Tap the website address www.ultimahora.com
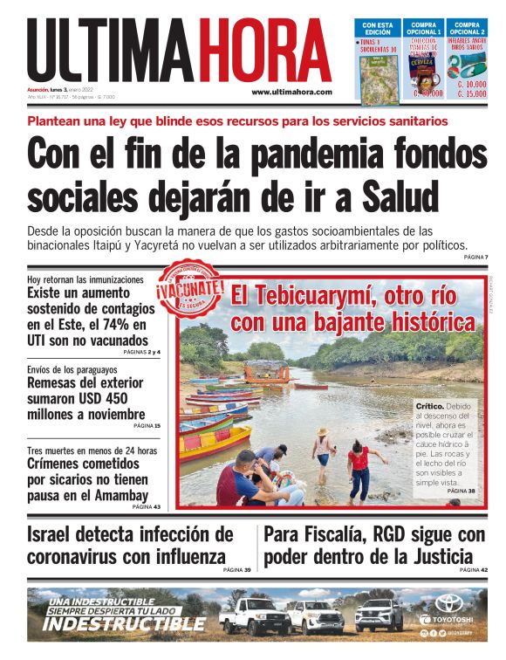(x=291, y=92)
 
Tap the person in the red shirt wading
(x=357, y=468)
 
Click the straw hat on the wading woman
(x=322, y=431)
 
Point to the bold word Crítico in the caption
(x=433, y=407)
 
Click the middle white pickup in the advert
(x=316, y=615)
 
